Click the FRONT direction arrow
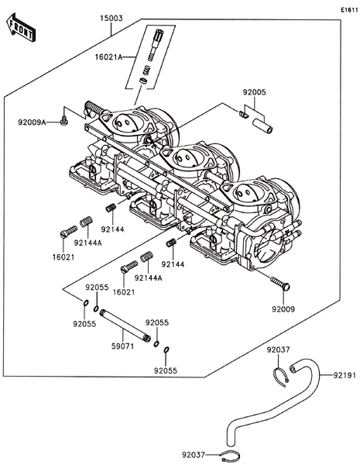point(21,27)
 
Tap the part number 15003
point(111,19)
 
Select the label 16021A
point(108,57)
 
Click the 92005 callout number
point(255,92)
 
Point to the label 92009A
point(32,122)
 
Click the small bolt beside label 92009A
point(63,121)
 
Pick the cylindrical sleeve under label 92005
point(262,126)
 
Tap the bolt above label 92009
point(280,283)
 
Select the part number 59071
point(122,346)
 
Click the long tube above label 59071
point(125,325)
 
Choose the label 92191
point(345,375)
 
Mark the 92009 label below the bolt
point(283,309)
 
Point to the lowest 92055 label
point(166,370)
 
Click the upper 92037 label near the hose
point(278,350)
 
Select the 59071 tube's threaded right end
point(147,338)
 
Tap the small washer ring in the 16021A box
point(143,81)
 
